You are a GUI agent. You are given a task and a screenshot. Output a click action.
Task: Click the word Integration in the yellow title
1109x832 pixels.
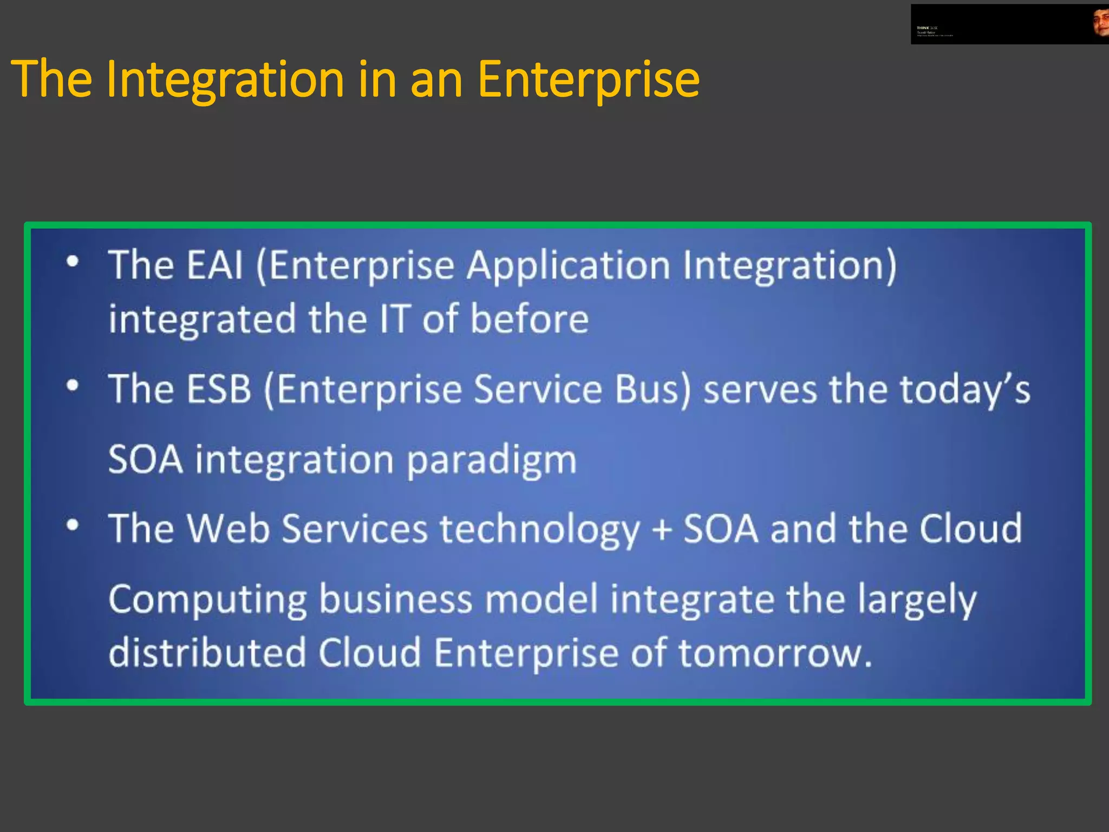(225, 80)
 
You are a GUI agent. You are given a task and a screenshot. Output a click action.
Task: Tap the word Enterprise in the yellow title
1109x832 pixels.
(588, 80)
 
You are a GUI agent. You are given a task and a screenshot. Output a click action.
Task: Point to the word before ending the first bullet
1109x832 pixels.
(529, 319)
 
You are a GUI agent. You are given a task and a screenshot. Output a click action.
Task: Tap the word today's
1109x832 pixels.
(964, 390)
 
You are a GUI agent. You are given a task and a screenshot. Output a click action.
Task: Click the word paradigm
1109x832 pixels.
(491, 460)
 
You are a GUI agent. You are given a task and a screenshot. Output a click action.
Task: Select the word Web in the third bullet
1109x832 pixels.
(227, 528)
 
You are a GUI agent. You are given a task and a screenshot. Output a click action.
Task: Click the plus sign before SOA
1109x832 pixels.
(662, 529)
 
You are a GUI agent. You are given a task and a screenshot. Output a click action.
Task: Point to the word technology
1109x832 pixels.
(539, 529)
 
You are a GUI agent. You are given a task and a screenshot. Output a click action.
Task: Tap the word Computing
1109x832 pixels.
(208, 600)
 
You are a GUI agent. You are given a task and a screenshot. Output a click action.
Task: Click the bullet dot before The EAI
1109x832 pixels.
(73, 262)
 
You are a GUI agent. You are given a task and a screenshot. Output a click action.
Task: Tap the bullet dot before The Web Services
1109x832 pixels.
(73, 525)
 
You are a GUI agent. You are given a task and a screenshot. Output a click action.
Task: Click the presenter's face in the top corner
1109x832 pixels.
(1101, 23)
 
